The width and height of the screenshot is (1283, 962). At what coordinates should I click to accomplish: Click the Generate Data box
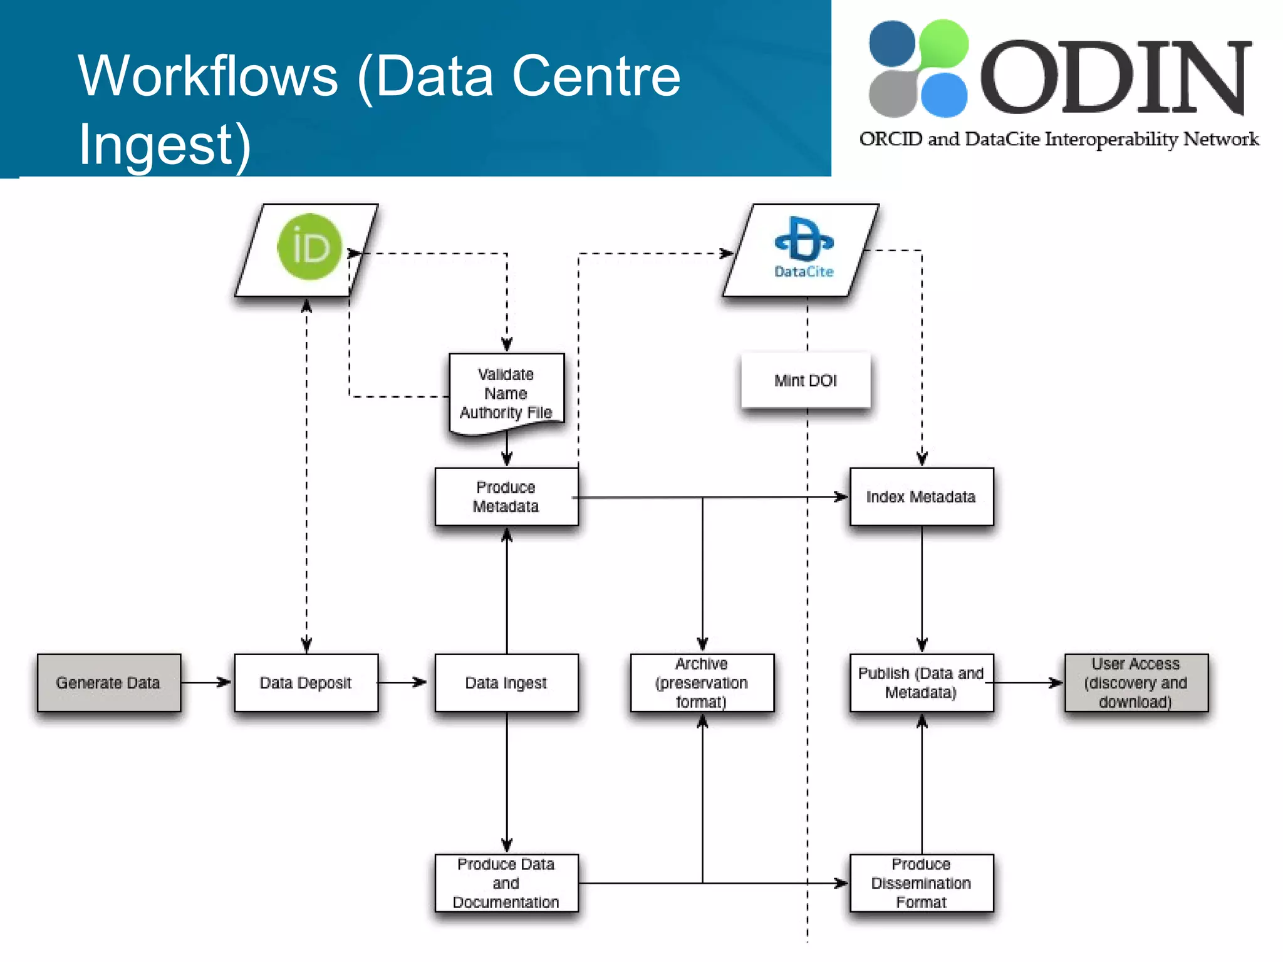click(x=108, y=683)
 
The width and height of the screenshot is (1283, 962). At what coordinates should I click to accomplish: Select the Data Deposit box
click(x=306, y=683)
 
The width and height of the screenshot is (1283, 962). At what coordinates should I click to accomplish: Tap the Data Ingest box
click(x=506, y=683)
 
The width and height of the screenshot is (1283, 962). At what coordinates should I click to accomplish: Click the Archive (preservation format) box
click(x=702, y=683)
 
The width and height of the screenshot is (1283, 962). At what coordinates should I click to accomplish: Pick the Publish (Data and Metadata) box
click(x=921, y=683)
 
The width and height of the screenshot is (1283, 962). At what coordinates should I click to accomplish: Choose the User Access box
click(x=1136, y=683)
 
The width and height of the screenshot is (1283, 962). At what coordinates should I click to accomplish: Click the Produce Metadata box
click(x=506, y=497)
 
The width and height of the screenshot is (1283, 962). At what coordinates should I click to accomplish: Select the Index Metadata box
click(x=921, y=497)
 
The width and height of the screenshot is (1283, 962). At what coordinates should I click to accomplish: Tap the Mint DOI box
click(x=806, y=381)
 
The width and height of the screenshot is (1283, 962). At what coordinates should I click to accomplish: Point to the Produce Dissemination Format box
click(x=921, y=883)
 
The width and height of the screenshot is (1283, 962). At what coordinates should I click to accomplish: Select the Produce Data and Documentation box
click(x=506, y=883)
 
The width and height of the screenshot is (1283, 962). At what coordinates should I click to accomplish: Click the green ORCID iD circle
click(x=309, y=247)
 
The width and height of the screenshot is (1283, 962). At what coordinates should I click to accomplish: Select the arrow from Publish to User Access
click(x=1027, y=683)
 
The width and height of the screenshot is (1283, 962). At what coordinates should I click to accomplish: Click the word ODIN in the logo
click(x=1115, y=78)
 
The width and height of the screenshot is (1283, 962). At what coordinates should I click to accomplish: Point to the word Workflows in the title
click(x=208, y=76)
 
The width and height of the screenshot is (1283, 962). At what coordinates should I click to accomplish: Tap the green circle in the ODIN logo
click(x=943, y=43)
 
